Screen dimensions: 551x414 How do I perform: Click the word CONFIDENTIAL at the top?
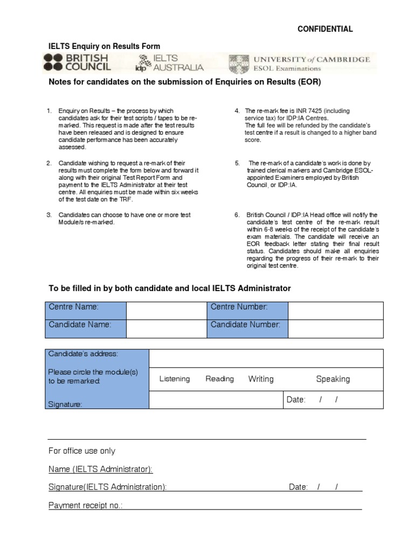(325, 29)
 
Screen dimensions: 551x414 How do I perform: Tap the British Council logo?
(78, 62)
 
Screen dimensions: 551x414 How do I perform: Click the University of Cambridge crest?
(239, 63)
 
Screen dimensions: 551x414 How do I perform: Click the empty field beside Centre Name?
(166, 310)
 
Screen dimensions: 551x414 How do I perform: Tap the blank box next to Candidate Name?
(166, 328)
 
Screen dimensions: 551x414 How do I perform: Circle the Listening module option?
(175, 379)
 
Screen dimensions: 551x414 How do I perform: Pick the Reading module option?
(219, 379)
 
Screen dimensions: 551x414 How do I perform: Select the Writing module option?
(261, 379)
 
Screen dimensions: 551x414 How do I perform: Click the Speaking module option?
(333, 379)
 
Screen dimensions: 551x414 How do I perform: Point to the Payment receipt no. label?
(85, 505)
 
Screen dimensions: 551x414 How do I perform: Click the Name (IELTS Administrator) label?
(101, 469)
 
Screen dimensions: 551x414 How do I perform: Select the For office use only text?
(82, 451)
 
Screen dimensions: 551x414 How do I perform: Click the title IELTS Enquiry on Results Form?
(105, 46)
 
